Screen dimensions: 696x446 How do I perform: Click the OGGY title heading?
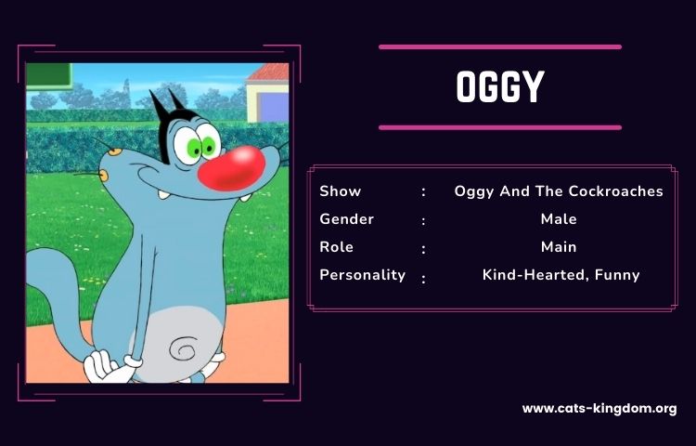pos(500,87)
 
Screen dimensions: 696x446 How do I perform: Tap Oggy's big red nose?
pos(231,169)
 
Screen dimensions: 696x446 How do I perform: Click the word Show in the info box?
pos(340,191)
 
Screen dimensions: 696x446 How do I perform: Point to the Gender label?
pos(347,219)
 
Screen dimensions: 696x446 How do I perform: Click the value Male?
pos(559,219)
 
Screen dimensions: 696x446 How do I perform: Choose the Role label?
pos(337,247)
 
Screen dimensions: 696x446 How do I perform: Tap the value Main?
pos(559,247)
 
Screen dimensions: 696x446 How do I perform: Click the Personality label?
pos(362,275)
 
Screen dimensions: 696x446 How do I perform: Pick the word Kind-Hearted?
pos(536,275)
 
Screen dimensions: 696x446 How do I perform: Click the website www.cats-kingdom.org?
pos(599,409)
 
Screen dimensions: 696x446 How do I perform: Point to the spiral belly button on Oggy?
pos(185,348)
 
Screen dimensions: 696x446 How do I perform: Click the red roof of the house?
pos(269,72)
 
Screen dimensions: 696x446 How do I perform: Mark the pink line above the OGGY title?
pos(500,47)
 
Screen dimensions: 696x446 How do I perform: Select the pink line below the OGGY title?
pos(500,128)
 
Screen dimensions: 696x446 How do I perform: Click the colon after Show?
pos(424,192)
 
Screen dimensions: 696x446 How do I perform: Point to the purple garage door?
pos(273,107)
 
